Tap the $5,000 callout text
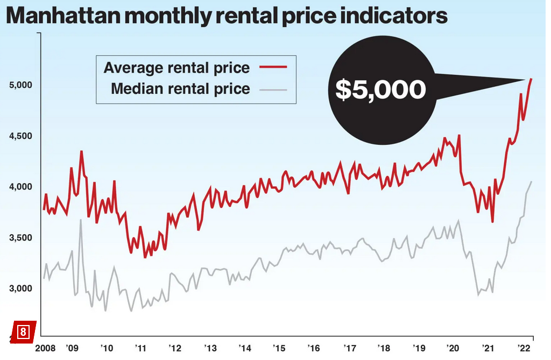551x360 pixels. click(380, 90)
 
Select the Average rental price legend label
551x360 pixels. click(176, 68)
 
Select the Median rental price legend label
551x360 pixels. click(180, 89)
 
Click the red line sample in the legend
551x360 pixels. click(273, 67)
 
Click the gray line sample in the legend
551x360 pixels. click(273, 89)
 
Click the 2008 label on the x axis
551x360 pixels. click(46, 347)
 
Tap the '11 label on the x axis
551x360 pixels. click(140, 347)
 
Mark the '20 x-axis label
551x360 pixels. click(453, 347)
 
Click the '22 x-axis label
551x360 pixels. click(522, 347)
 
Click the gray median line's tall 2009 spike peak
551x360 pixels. click(81, 220)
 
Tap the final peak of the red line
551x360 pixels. click(531, 79)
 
